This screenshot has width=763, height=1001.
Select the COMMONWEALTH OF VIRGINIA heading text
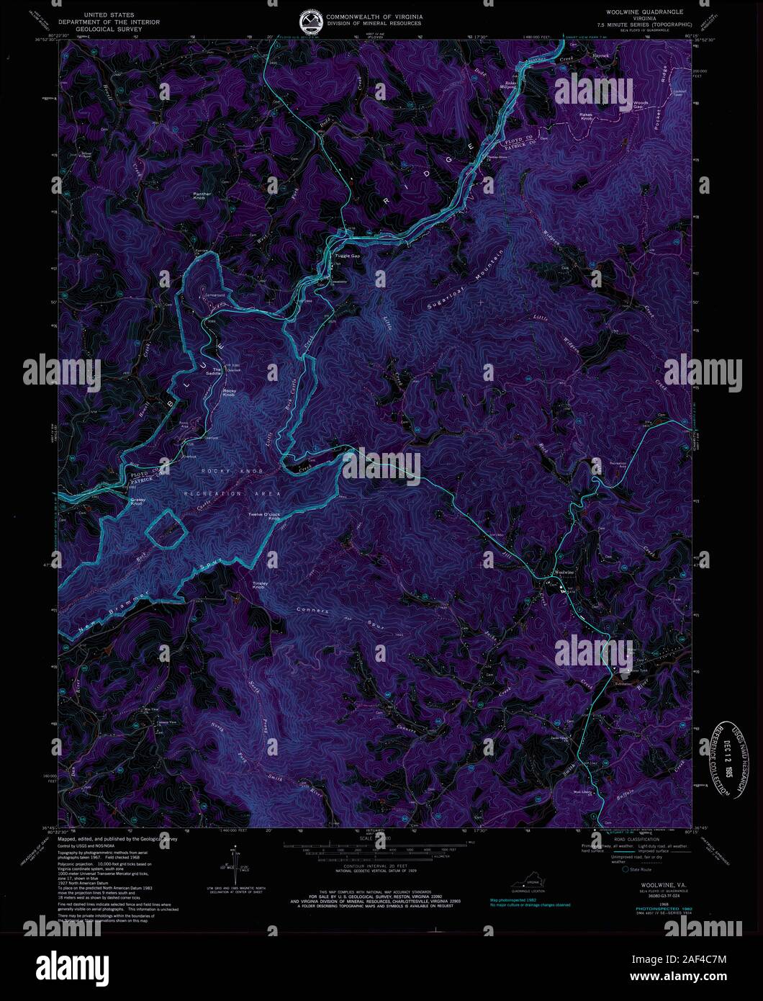[x=374, y=16]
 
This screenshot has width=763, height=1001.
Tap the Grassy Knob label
[x=138, y=501]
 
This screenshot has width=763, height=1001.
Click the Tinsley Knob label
[x=260, y=585]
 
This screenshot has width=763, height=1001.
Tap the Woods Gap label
[x=640, y=105]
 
